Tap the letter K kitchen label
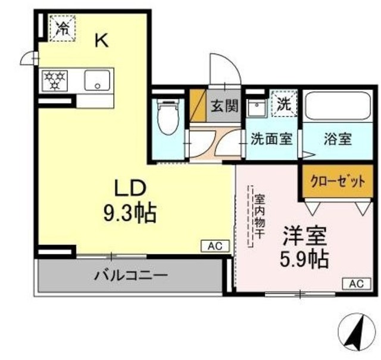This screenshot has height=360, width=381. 102,41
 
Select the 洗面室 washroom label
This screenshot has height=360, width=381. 271,139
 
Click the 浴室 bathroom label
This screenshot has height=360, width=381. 338,139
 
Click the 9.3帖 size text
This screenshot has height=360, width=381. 129,212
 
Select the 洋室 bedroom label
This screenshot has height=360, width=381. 304,235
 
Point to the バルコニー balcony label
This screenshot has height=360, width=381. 130,276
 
